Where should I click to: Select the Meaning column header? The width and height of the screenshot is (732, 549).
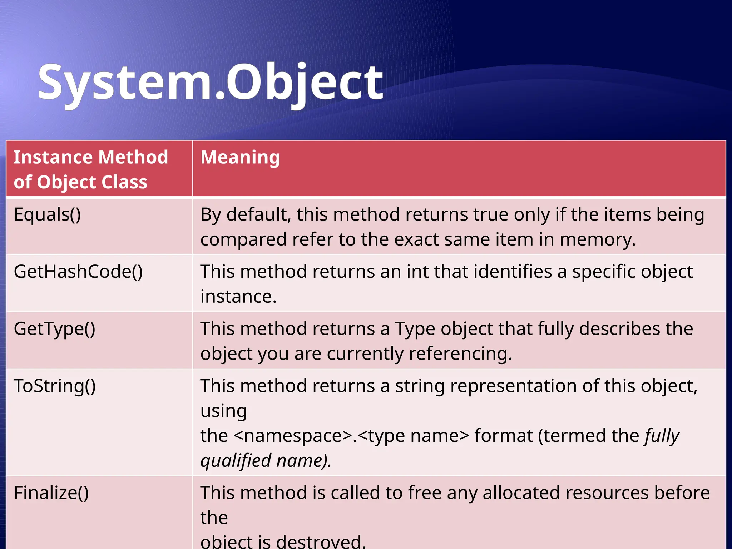pyautogui.click(x=240, y=157)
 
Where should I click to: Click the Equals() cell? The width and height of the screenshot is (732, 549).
pyautogui.click(x=47, y=214)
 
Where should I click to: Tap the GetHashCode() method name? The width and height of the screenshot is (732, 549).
pyautogui.click(x=78, y=272)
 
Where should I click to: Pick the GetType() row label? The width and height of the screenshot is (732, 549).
pyautogui.click(x=54, y=329)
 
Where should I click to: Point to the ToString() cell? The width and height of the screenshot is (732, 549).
pyautogui.click(x=55, y=386)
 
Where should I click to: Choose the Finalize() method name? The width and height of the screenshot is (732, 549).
pyautogui.click(x=51, y=493)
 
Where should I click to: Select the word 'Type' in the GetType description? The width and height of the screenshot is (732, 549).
pyautogui.click(x=415, y=329)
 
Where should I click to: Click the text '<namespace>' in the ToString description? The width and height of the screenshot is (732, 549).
pyautogui.click(x=293, y=436)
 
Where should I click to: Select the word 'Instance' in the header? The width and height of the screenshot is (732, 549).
pyautogui.click(x=53, y=157)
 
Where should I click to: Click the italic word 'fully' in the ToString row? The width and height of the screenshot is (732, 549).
pyautogui.click(x=662, y=436)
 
